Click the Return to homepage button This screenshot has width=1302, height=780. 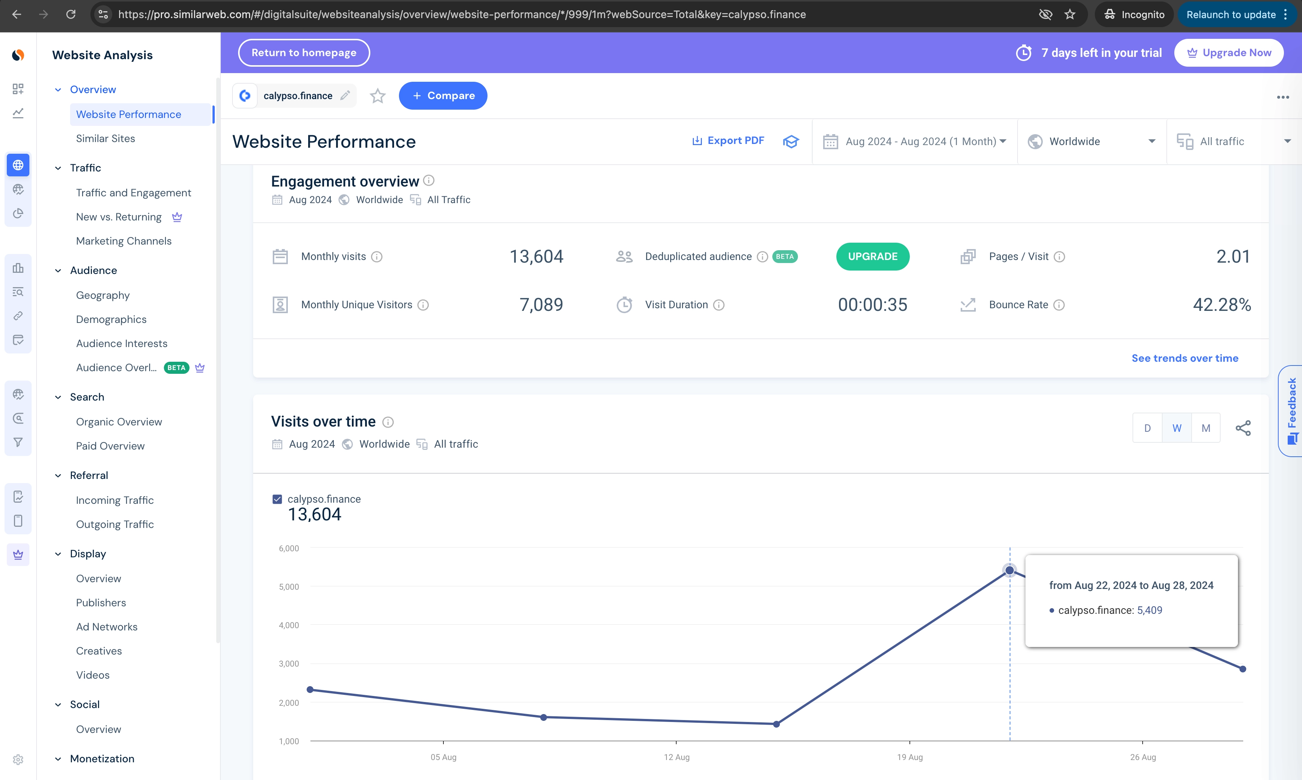304,52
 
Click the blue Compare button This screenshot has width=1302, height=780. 443,96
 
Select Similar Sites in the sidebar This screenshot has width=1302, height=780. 105,138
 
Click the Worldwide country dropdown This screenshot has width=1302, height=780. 1092,141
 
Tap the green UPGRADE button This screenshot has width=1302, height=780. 872,257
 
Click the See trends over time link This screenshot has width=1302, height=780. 1184,358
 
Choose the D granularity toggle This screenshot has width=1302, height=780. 1147,428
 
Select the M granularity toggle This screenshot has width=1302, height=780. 1205,428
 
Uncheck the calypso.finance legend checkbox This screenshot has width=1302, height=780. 277,499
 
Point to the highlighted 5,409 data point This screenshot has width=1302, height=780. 1009,570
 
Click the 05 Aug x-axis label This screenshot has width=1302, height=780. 443,757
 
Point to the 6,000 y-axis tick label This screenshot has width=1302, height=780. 289,548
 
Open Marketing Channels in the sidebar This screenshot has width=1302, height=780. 124,241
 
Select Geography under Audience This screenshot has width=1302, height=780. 102,295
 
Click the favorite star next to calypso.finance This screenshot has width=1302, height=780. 377,96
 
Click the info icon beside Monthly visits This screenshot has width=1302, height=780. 377,257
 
